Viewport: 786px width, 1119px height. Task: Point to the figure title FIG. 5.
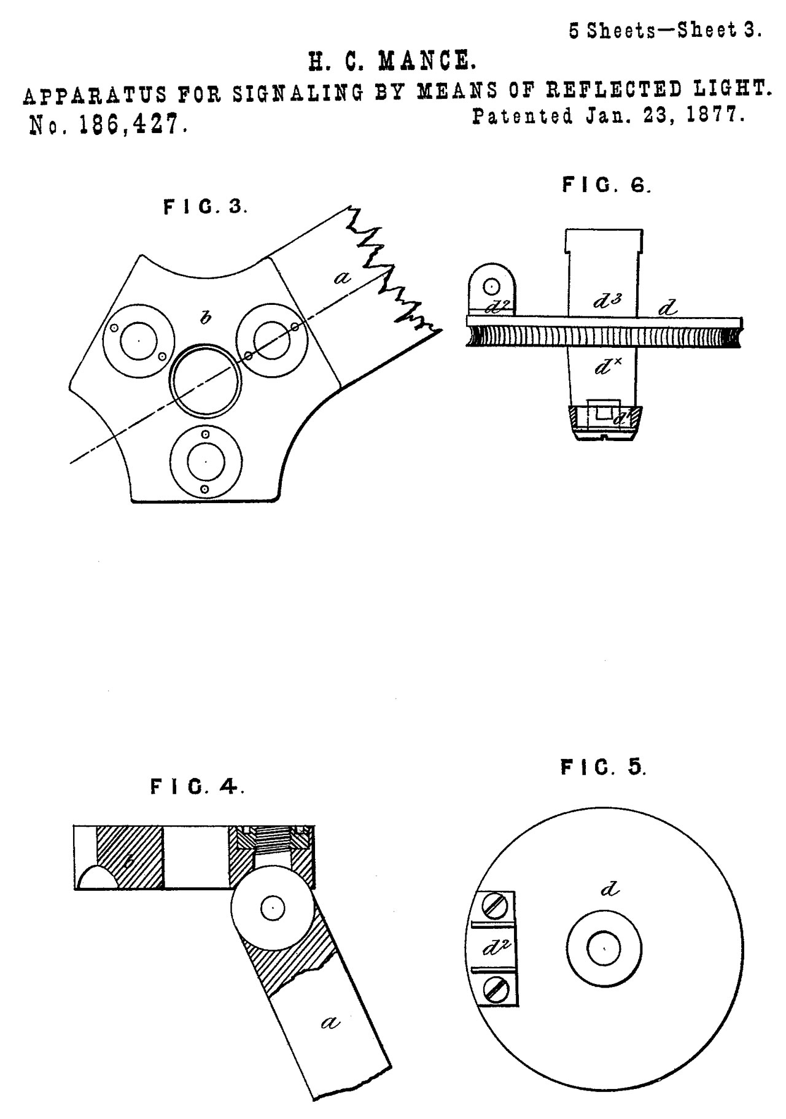[603, 767]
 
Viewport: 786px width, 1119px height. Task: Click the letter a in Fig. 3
[342, 277]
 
